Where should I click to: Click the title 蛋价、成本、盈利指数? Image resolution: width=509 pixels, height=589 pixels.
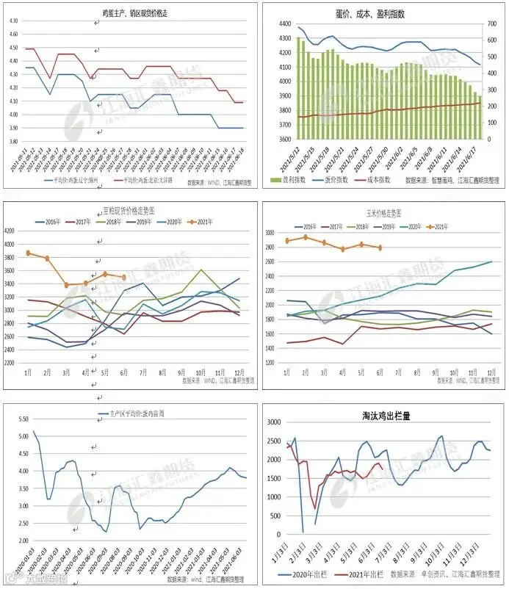[x=380, y=13]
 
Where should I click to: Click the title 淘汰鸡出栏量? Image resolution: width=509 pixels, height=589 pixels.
[x=382, y=415]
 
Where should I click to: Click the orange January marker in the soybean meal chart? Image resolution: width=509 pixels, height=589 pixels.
[x=29, y=253]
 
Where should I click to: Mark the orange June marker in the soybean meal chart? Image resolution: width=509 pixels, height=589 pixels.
[x=123, y=278]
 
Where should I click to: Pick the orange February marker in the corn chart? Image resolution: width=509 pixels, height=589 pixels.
[x=306, y=237]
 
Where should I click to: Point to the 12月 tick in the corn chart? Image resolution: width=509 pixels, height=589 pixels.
[x=491, y=372]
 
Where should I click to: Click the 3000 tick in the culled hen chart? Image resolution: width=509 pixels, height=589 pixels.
[x=272, y=422]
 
